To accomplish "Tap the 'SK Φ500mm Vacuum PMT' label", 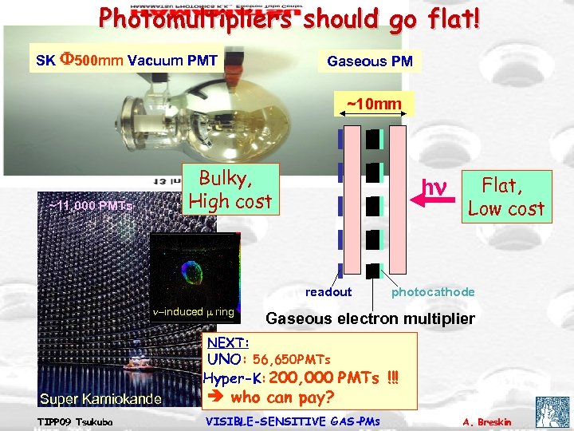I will [127, 60].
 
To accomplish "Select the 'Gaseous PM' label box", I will [369, 61].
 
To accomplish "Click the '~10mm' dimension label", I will [373, 104].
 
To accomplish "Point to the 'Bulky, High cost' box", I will [230, 190].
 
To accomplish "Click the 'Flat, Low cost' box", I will [506, 196].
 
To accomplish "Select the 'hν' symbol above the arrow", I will [434, 188].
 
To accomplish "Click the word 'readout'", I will [328, 291].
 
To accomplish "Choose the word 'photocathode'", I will [433, 291].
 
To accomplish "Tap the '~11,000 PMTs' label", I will [90, 205].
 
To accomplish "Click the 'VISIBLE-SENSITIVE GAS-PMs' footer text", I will [293, 421].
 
